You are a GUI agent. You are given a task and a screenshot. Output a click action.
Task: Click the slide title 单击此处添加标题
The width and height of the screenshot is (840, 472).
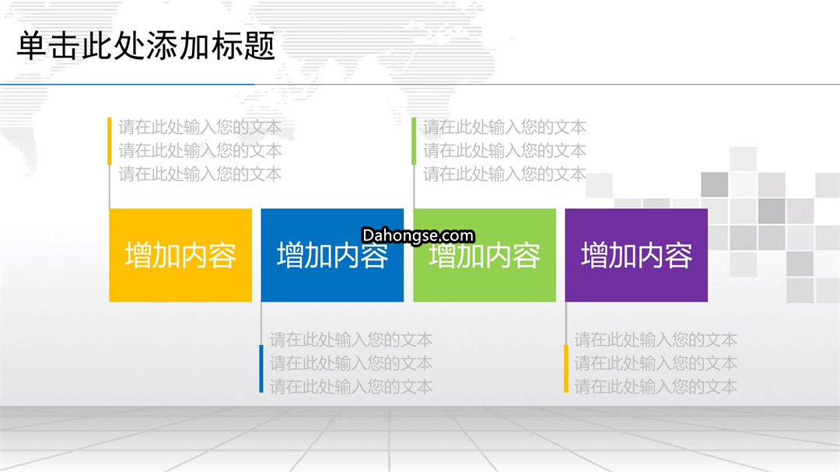[145, 46]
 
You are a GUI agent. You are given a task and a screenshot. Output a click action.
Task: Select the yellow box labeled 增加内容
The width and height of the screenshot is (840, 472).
[180, 255]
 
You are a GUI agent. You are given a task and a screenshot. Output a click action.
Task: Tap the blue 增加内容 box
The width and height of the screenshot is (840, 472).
[332, 255]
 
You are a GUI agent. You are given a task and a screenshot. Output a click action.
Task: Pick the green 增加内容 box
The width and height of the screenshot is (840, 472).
[485, 255]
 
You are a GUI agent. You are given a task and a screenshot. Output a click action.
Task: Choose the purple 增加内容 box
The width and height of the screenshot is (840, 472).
[636, 255]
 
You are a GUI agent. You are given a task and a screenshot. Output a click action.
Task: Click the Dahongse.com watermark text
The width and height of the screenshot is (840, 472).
[418, 235]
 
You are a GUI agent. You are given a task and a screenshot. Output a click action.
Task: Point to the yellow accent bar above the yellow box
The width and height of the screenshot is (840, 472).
[110, 141]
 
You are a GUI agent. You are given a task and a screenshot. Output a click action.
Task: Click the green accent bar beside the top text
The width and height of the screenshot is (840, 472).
[414, 141]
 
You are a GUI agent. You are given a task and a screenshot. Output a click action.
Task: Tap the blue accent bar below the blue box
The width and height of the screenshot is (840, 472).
[261, 369]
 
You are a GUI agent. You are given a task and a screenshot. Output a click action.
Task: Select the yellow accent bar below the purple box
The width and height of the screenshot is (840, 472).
[565, 369]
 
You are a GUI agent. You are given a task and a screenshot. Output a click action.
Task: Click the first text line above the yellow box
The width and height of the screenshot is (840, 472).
[200, 127]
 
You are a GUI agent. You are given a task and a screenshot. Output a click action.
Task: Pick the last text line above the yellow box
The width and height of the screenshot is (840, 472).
[200, 174]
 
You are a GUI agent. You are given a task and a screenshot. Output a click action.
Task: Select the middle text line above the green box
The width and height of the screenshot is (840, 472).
[505, 151]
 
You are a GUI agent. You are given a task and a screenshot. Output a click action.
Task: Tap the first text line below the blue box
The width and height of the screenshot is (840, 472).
[351, 340]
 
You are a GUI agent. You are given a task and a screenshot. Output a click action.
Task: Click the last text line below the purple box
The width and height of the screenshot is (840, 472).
[656, 386]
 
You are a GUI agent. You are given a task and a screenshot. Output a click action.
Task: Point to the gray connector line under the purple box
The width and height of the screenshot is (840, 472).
[565, 323]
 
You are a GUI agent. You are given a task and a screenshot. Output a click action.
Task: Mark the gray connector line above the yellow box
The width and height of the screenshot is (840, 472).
[110, 187]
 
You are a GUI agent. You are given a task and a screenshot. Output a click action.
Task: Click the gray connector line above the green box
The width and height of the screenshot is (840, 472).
[414, 187]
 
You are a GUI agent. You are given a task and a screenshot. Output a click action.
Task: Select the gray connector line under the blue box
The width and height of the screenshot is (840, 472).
[261, 323]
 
